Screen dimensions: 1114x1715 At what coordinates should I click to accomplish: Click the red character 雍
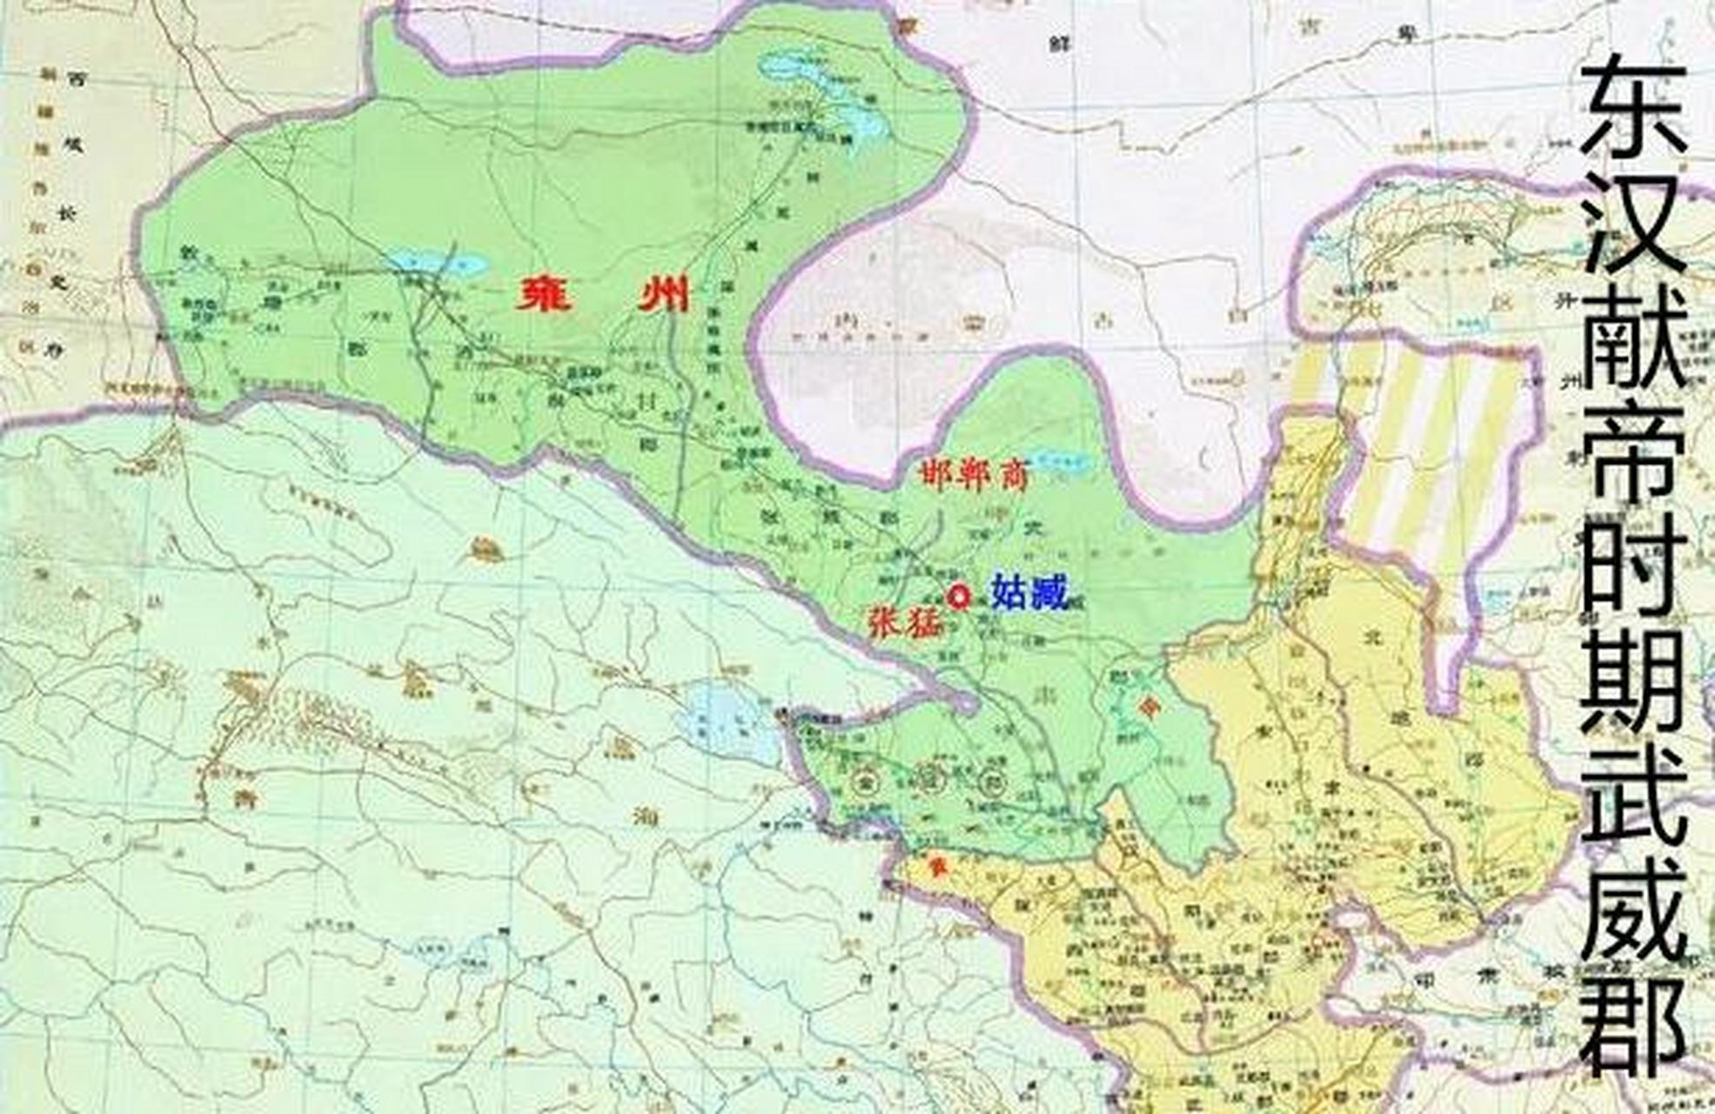546,295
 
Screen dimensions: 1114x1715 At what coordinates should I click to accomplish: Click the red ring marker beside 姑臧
959,597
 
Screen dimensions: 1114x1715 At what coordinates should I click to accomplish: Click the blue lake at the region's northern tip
827,96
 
